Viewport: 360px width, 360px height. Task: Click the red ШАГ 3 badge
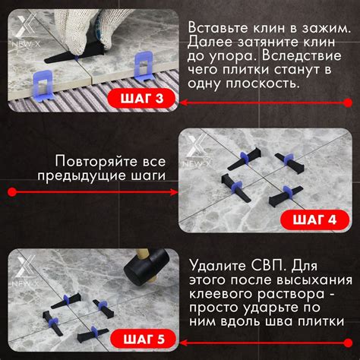tap(141, 98)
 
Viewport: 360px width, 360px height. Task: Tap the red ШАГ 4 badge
tap(314, 219)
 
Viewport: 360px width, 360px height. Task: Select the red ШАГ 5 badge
tap(144, 339)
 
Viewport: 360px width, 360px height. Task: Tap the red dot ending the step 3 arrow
tap(349, 103)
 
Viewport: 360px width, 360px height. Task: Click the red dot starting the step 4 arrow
tap(12, 192)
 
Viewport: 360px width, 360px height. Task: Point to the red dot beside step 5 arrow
tap(349, 343)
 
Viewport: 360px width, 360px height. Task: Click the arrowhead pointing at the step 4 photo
tap(175, 192)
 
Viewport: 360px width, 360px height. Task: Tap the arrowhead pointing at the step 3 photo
tap(184, 103)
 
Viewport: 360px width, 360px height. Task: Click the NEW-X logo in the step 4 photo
tap(197, 151)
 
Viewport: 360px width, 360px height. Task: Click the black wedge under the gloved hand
tap(74, 55)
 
